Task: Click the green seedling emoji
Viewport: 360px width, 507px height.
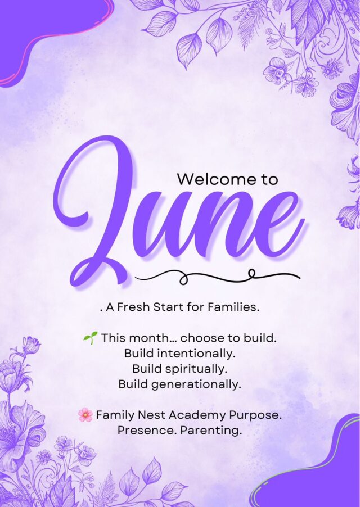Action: pyautogui.click(x=90, y=338)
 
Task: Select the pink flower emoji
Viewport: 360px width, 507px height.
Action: pyautogui.click(x=85, y=414)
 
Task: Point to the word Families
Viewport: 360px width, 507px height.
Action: pyautogui.click(x=233, y=307)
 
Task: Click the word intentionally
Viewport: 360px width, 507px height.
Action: pyautogui.click(x=195, y=354)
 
